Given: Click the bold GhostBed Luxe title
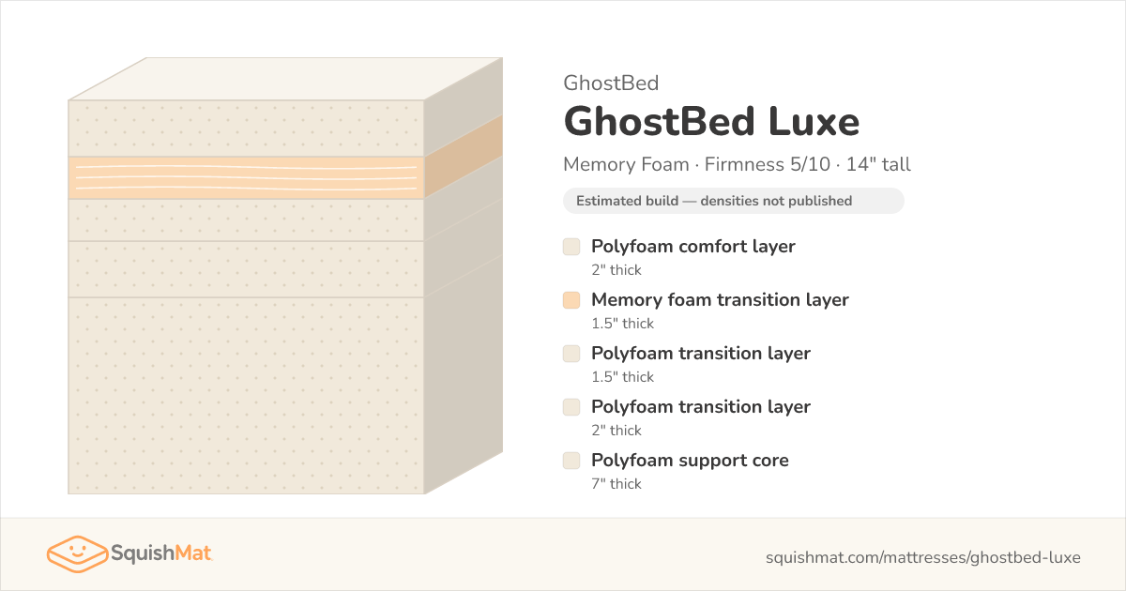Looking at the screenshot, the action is coord(711,122).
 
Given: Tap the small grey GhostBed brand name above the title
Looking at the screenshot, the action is coord(611,83).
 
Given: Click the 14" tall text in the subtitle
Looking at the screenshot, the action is coord(878,164).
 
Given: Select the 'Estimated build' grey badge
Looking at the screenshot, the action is coord(734,201).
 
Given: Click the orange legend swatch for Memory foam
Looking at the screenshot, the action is coord(571,300).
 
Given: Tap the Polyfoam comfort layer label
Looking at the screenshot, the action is coord(693,246).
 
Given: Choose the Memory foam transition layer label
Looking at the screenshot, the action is coord(720,299).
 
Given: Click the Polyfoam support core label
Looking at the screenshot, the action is coord(690,460).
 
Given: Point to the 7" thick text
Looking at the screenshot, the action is coord(616,483).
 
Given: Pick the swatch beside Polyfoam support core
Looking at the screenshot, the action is coord(571,461).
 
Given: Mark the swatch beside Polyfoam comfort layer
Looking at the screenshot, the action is coord(571,247).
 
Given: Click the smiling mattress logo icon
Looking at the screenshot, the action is coord(77,553).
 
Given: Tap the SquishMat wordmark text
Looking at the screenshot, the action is coord(160,553).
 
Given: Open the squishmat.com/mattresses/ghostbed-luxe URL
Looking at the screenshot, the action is coord(923,557).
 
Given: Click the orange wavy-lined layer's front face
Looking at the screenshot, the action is coord(246,178).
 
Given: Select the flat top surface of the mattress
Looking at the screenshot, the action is coord(285,79).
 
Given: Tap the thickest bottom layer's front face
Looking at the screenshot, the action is coord(246,396).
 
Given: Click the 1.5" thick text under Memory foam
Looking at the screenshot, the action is coord(622,323).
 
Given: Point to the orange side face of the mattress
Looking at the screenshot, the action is coord(463,157).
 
